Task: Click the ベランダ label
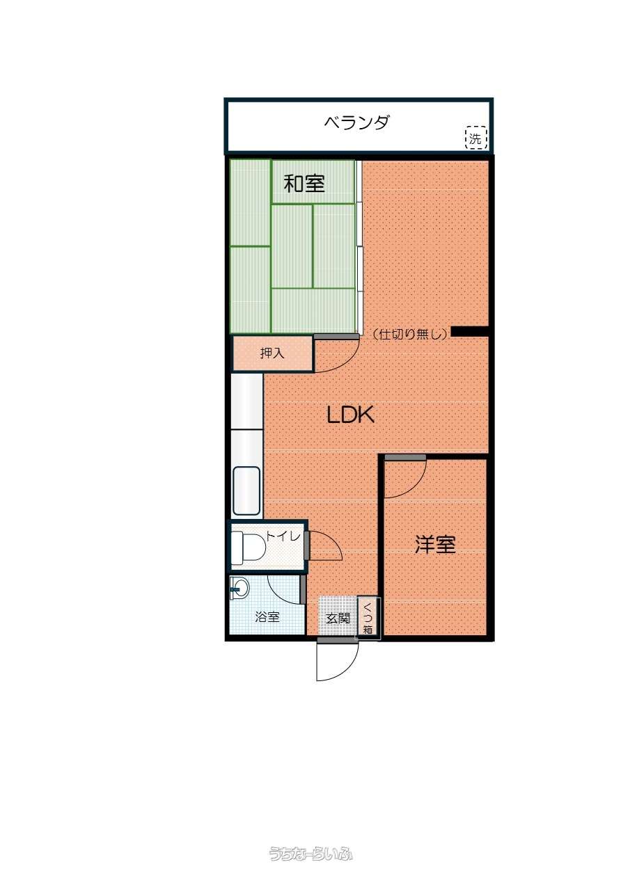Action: tap(356, 122)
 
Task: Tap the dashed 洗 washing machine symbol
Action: tap(476, 138)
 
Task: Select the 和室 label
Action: tap(304, 184)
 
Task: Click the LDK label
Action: tap(350, 415)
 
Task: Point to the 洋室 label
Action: tap(435, 545)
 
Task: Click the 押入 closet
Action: tap(272, 353)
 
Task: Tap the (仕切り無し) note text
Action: tap(410, 334)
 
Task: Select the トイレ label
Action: tap(283, 536)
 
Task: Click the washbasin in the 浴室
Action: tap(239, 588)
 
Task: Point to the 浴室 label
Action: tap(267, 617)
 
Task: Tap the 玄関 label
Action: tap(338, 618)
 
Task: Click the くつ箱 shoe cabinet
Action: tap(368, 618)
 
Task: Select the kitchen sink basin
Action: tap(246, 490)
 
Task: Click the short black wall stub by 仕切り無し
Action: tap(469, 332)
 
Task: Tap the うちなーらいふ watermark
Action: tap(310, 853)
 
